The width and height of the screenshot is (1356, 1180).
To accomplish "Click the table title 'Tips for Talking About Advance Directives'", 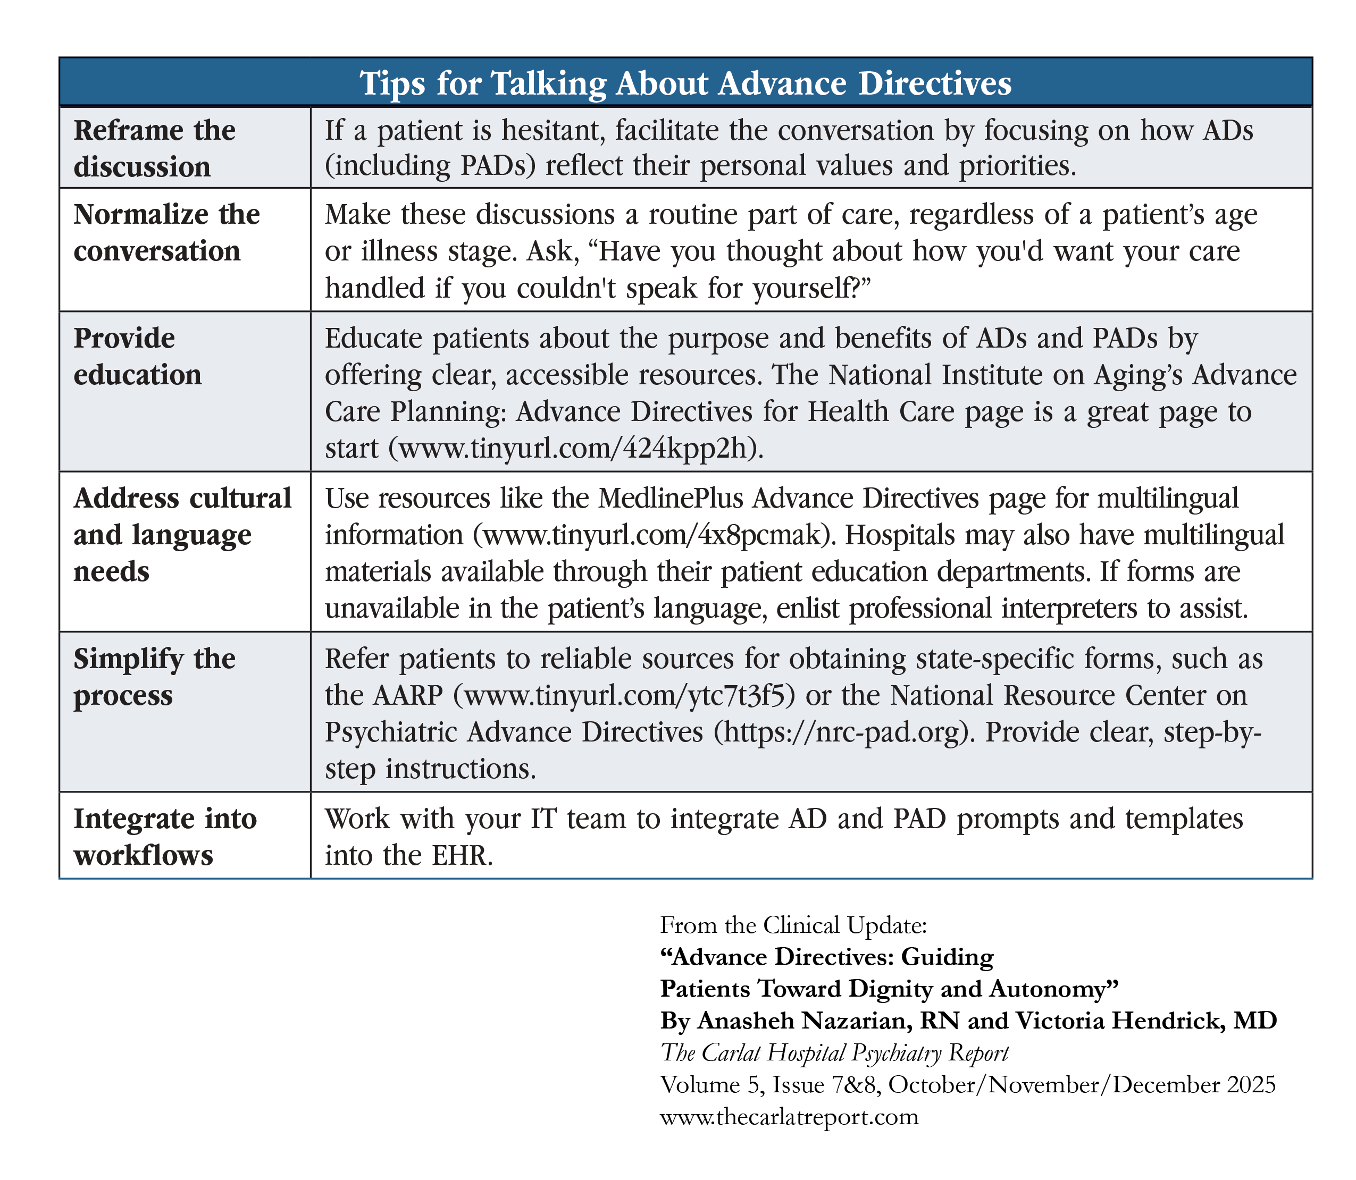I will (x=685, y=83).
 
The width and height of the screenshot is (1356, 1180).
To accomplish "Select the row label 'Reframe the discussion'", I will (x=154, y=148).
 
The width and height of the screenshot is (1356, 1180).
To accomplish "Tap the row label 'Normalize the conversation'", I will (x=166, y=232).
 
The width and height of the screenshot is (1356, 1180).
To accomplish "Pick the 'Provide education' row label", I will (x=138, y=356).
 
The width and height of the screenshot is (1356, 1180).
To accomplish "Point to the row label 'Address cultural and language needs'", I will (x=182, y=534).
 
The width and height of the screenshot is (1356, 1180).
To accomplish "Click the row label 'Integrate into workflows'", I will (x=165, y=836).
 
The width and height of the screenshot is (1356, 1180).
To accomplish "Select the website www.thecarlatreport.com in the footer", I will (x=789, y=1117).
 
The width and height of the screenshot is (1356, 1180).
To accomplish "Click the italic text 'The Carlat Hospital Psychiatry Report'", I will (x=834, y=1052).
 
